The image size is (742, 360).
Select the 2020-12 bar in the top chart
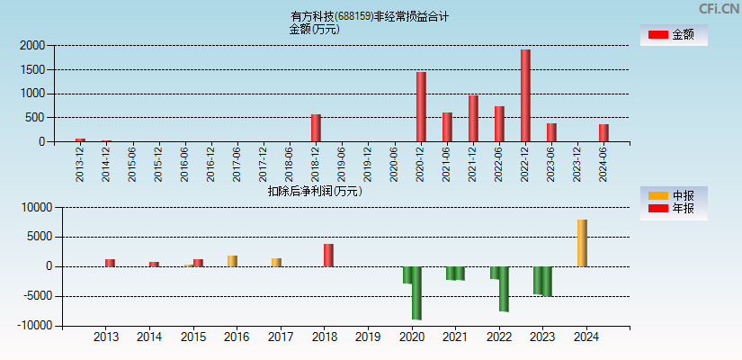tap(421, 106)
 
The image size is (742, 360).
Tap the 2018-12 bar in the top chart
tap(316, 128)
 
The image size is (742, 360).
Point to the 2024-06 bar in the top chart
tap(603, 132)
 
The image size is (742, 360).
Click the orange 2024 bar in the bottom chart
tap(582, 243)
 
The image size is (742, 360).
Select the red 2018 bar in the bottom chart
tap(328, 255)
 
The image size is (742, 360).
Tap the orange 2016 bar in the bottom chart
tap(232, 261)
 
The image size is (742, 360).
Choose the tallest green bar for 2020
tap(416, 292)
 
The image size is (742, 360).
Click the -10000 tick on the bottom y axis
tap(35, 326)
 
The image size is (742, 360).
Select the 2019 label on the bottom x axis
tap(368, 337)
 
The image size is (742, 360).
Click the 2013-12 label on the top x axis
tap(80, 165)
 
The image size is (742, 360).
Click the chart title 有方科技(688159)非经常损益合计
tap(370, 16)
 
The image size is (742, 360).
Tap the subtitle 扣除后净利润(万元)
tap(315, 191)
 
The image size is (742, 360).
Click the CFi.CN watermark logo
tap(719, 9)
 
